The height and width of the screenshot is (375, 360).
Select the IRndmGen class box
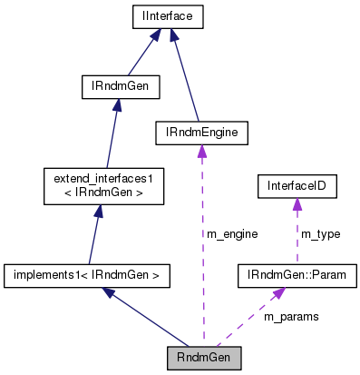(121, 87)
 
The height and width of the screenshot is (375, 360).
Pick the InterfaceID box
(297, 188)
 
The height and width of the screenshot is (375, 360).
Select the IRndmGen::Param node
(297, 272)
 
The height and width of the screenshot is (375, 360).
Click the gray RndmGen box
(204, 357)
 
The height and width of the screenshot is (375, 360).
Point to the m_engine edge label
(232, 234)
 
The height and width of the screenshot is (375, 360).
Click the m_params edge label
(290, 317)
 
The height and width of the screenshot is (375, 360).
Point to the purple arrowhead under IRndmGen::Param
(278, 291)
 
